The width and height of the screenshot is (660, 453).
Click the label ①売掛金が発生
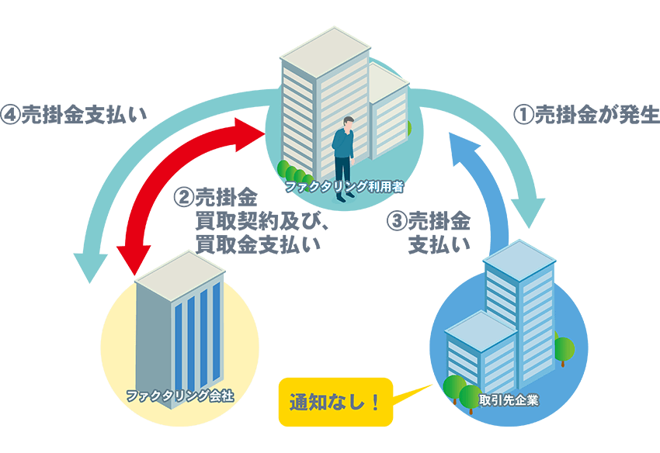[587, 116]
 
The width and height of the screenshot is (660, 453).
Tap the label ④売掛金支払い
[75, 114]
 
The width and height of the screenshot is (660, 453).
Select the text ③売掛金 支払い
[429, 232]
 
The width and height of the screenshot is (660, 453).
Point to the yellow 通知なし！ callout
[335, 403]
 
